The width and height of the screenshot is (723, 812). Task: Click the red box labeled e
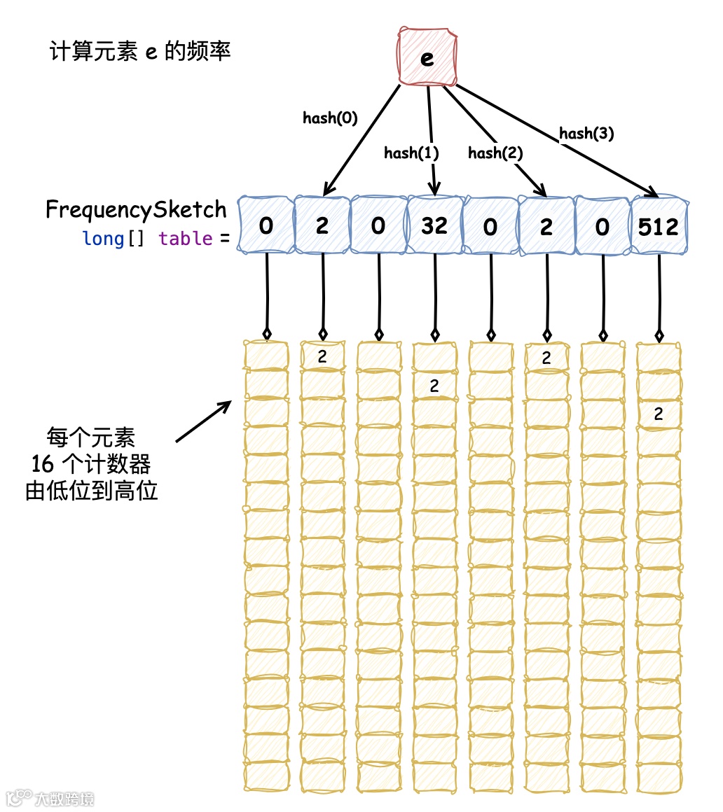click(427, 57)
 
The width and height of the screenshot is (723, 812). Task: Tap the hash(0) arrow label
click(330, 118)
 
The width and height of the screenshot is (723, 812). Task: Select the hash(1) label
click(411, 153)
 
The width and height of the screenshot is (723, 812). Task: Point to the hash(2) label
click(495, 153)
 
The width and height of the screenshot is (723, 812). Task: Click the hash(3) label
click(586, 134)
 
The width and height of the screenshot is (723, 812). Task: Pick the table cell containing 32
click(434, 225)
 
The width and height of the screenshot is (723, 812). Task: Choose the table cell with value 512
click(659, 225)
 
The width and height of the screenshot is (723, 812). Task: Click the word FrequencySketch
click(136, 210)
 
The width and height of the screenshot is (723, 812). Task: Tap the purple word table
click(185, 239)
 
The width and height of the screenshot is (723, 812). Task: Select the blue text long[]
click(113, 239)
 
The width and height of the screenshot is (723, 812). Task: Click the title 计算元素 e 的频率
click(139, 52)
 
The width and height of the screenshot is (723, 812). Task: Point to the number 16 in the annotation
click(43, 464)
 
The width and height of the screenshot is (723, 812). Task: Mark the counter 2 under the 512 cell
click(658, 414)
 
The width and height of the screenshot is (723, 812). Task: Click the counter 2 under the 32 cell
click(434, 385)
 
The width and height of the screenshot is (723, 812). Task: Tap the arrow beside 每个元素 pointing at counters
click(204, 421)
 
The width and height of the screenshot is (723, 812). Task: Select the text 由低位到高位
click(91, 491)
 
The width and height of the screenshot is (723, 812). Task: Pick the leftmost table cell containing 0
click(266, 225)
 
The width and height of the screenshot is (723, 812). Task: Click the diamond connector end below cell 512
click(659, 335)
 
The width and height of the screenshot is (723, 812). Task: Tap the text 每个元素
click(90, 439)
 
